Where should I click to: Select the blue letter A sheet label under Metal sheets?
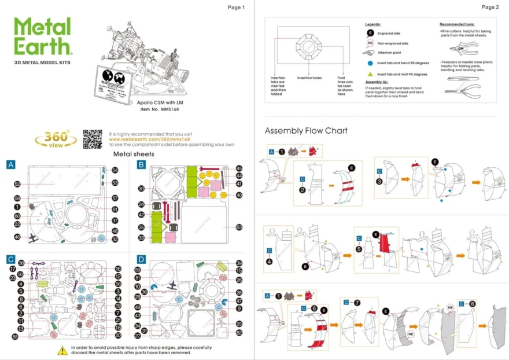[10, 165]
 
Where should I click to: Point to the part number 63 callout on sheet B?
[239, 227]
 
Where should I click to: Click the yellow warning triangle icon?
[62, 350]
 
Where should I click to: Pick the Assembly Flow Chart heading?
[306, 131]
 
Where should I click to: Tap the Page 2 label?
[489, 8]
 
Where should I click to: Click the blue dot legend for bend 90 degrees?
[370, 63]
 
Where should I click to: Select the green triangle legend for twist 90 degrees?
[370, 74]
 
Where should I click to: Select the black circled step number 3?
[379, 181]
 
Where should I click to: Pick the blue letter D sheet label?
[141, 259]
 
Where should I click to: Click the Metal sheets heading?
[133, 154]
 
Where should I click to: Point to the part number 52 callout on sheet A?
[17, 184]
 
